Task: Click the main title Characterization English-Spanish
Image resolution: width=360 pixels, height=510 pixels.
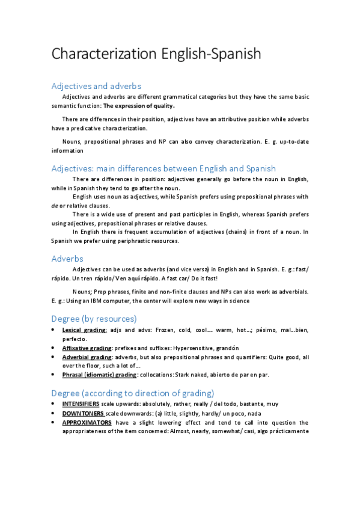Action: pyautogui.click(x=156, y=54)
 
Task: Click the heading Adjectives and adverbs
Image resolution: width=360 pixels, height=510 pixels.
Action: pyautogui.click(x=96, y=86)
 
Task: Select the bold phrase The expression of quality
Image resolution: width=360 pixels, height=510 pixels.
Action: pyautogui.click(x=139, y=105)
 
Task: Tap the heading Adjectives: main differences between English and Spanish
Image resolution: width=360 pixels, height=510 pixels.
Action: pyautogui.click(x=163, y=168)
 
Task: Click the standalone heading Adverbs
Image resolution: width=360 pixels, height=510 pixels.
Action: pyautogui.click(x=67, y=258)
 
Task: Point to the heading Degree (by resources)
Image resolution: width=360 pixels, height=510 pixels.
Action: pyautogui.click(x=94, y=318)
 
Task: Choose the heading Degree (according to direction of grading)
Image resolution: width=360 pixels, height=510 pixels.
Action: pyautogui.click(x=133, y=393)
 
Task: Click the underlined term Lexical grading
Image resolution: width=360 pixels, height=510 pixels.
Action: pyautogui.click(x=84, y=330)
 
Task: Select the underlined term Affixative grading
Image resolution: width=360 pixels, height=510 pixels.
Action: pyautogui.click(x=87, y=348)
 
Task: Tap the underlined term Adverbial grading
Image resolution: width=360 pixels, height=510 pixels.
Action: pyautogui.click(x=87, y=357)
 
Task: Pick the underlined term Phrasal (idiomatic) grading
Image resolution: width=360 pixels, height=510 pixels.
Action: pyautogui.click(x=99, y=375)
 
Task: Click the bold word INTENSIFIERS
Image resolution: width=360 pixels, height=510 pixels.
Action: pyautogui.click(x=81, y=404)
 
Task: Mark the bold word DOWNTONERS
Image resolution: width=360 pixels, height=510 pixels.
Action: pyautogui.click(x=83, y=413)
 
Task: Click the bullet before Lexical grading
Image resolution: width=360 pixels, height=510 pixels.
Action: pyautogui.click(x=53, y=330)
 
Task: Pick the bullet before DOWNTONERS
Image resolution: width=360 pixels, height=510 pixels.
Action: pyautogui.click(x=53, y=413)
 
